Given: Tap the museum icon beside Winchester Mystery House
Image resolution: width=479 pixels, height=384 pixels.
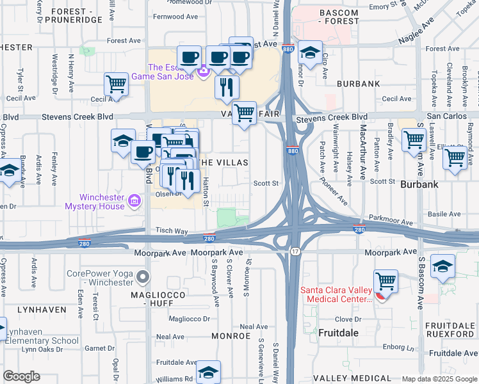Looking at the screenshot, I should pos(133,202).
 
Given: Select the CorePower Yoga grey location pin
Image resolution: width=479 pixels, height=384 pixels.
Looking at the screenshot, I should pos(142,277).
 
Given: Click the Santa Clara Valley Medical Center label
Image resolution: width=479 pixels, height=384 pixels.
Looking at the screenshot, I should pos(336,294).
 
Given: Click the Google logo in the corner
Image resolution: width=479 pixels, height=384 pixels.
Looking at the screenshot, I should pos(22,376).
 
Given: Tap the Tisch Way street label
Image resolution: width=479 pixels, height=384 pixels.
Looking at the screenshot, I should pos(172,231).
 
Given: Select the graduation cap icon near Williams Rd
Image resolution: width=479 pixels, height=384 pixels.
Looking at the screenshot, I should pos(208,372).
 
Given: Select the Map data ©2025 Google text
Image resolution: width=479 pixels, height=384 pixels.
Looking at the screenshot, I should pos(439,379).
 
